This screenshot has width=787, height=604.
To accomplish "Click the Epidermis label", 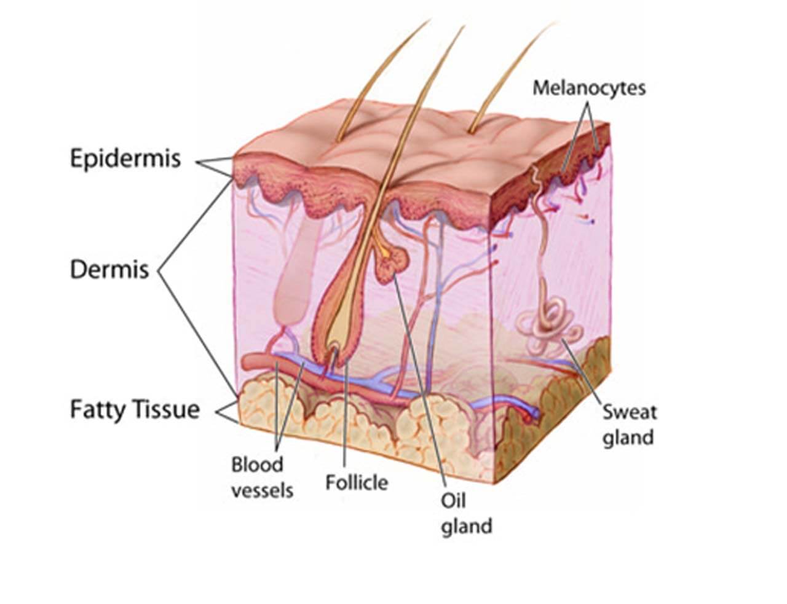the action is (125, 159).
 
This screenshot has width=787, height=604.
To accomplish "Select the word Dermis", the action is (109, 270).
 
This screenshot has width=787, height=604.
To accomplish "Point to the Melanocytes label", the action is (589, 88).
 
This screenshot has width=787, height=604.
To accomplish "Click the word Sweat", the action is (630, 412).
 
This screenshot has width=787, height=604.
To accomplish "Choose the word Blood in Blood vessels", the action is (257, 465).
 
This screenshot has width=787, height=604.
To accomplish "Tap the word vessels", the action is (262, 491).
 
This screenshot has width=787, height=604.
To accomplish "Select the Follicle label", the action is (357, 482).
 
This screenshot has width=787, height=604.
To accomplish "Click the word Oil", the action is (453, 501).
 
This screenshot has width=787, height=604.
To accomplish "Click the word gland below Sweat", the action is (628, 438).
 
